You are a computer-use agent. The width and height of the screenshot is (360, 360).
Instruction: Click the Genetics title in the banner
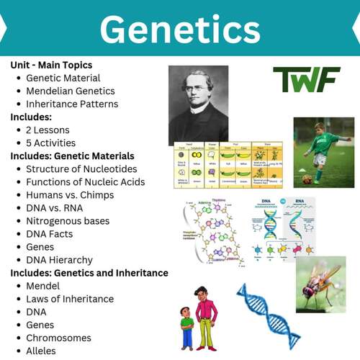180,30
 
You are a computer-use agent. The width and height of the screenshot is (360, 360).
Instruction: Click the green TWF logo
306,80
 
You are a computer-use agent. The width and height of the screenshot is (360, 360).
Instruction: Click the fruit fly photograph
320,284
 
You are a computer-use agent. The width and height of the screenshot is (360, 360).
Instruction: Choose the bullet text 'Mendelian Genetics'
71,91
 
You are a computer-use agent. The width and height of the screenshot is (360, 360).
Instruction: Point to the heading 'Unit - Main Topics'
51,65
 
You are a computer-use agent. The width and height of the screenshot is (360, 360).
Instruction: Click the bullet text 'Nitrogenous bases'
68,221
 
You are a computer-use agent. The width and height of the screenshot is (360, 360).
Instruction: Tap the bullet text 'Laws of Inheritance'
70,299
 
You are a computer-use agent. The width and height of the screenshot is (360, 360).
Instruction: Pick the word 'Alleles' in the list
41,351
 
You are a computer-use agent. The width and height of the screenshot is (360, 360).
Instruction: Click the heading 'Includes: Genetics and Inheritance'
89,273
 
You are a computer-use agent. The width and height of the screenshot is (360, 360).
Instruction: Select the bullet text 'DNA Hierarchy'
59,260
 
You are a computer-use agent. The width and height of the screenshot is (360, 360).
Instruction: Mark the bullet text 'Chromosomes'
58,338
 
